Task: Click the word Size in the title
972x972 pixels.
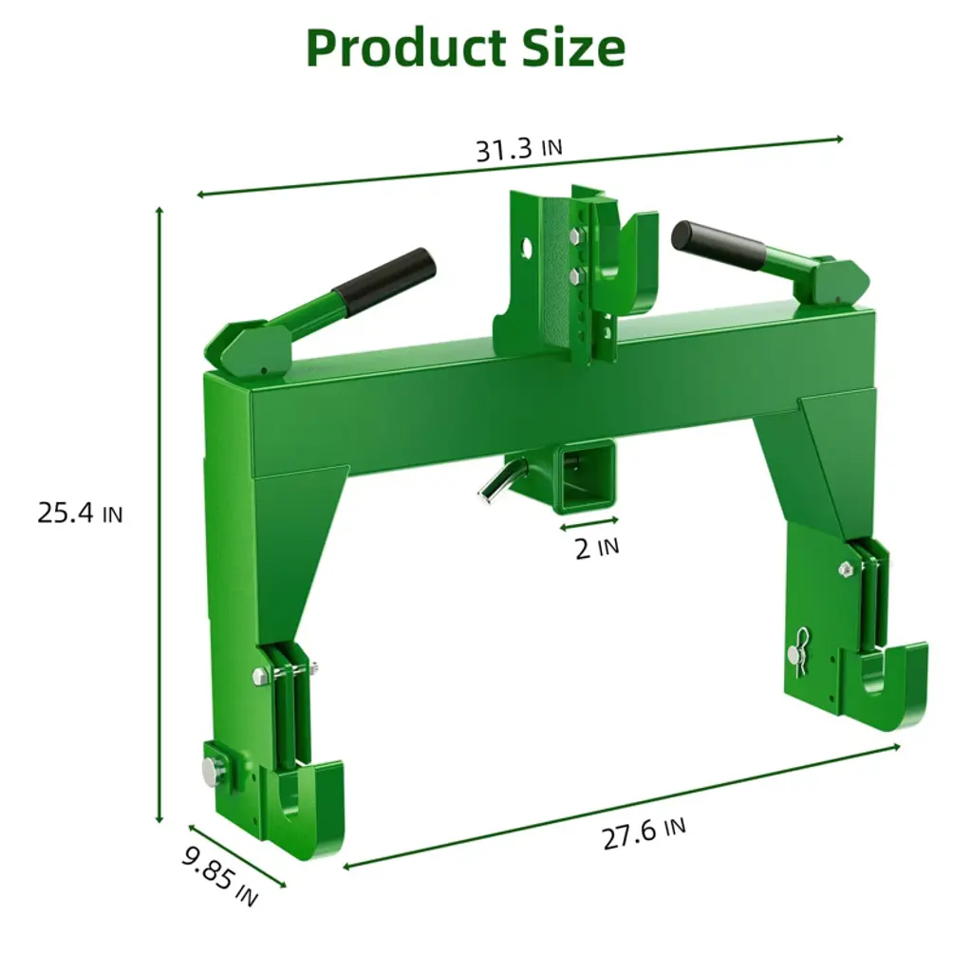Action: point(572,48)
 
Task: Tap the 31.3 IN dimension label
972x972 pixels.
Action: point(519,149)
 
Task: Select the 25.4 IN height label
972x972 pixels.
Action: point(80,514)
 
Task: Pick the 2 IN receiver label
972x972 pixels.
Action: point(596,549)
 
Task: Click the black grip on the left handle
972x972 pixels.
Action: point(384,281)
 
